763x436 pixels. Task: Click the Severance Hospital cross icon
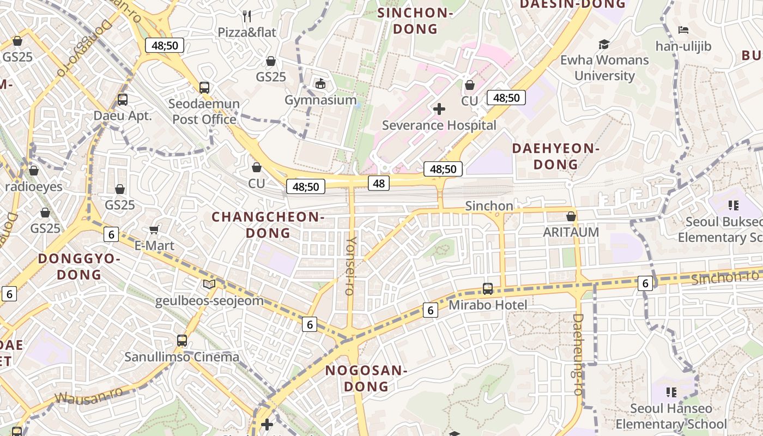(x=439, y=109)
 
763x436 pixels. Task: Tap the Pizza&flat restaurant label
(x=247, y=33)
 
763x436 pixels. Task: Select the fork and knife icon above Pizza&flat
(x=247, y=16)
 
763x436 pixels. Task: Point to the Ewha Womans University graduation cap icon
(x=604, y=44)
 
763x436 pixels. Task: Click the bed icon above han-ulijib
(x=683, y=30)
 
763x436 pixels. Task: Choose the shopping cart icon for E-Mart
(x=154, y=230)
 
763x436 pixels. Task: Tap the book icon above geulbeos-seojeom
(x=209, y=284)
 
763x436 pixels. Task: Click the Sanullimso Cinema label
(x=181, y=357)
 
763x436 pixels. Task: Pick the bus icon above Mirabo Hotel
(x=488, y=289)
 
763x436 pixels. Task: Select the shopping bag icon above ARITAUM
(x=571, y=216)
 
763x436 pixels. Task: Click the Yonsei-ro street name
(x=352, y=265)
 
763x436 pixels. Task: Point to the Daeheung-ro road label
(x=578, y=354)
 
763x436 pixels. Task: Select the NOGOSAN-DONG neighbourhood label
(x=366, y=379)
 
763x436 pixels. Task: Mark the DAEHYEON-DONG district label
(x=556, y=156)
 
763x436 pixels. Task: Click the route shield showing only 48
(x=379, y=183)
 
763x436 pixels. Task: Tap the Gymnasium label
(x=320, y=100)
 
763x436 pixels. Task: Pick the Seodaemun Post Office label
(x=204, y=112)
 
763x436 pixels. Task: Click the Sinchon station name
(x=489, y=206)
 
